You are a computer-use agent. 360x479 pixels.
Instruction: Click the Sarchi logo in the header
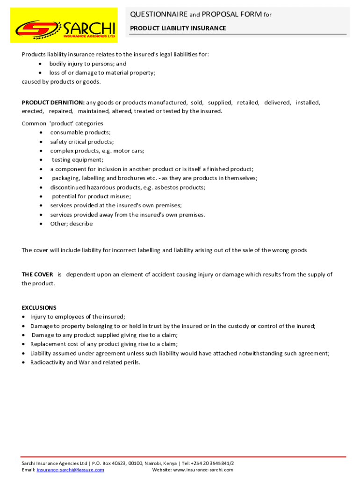pos(64,25)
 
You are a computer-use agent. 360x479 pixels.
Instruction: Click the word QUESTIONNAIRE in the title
pos(158,15)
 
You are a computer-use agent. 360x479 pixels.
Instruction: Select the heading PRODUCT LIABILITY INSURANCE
pos(178,29)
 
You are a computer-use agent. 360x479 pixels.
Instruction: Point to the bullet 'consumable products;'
pos(80,132)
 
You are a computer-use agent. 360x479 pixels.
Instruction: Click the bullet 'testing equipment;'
pos(78,160)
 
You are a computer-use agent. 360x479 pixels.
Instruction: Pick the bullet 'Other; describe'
pos(72,224)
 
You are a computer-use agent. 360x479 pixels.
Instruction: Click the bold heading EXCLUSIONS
pos(39,308)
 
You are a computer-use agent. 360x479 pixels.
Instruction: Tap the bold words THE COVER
pos(37,275)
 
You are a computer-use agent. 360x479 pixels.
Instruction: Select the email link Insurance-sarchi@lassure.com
pos(70,470)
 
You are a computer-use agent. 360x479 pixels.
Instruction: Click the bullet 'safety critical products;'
pos(82,142)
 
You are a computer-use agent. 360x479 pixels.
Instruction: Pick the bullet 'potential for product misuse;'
pos(91,196)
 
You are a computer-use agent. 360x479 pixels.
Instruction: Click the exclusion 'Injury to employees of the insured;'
pos(78,317)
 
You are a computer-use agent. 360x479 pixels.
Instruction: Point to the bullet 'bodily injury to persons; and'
pos(88,64)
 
